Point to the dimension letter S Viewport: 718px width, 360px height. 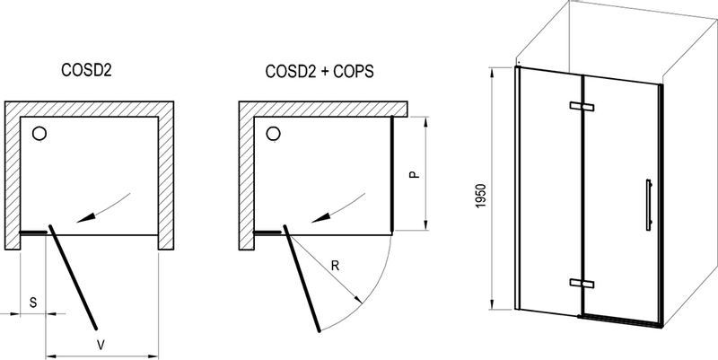[x=33, y=303]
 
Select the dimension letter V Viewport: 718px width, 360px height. [x=101, y=343]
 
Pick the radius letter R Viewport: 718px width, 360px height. [x=335, y=266]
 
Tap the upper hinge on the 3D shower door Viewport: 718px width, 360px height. [x=582, y=108]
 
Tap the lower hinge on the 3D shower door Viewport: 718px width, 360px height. [x=582, y=285]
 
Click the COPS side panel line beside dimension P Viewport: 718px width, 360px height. [x=392, y=174]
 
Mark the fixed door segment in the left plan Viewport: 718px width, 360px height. [x=34, y=232]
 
